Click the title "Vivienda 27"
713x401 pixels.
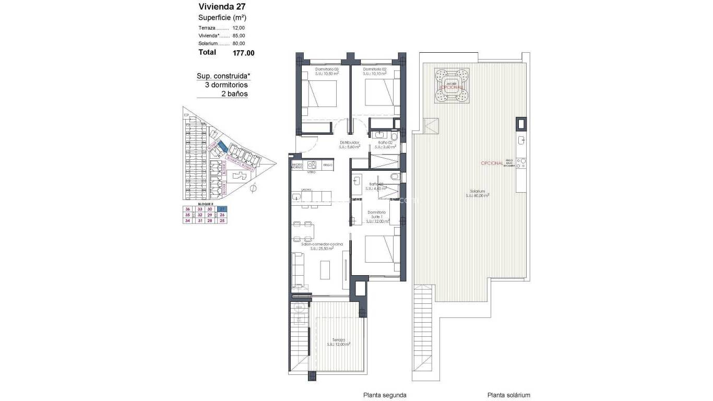point(222,7)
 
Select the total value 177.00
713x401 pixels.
point(243,53)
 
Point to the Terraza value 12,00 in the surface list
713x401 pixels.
point(239,28)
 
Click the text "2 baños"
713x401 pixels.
point(234,94)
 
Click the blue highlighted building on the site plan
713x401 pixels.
point(221,147)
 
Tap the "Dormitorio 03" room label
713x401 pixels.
point(327,69)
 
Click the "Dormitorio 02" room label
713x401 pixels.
point(375,69)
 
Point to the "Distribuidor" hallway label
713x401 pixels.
point(350,142)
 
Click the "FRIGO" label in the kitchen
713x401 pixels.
point(327,165)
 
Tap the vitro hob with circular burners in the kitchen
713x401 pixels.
point(312,164)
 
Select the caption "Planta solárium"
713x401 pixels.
point(508,395)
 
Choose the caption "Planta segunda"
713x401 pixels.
point(385,395)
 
